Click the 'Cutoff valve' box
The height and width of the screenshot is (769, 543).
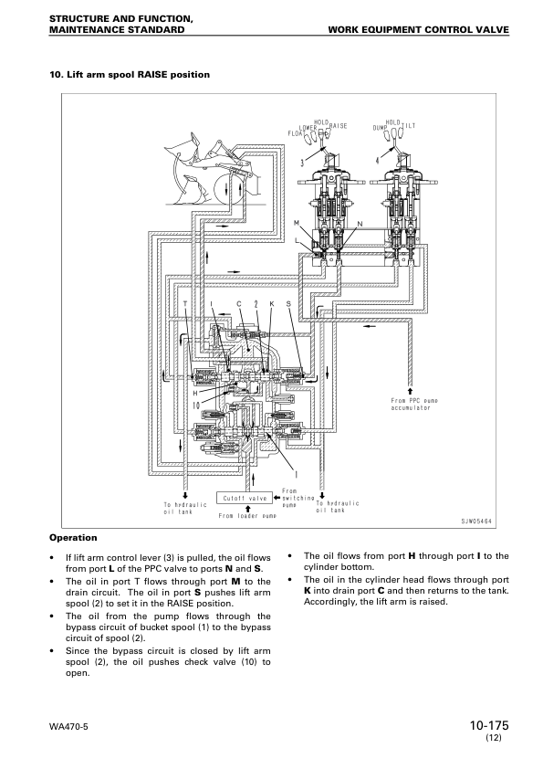pos(245,499)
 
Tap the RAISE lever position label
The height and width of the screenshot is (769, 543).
pos(338,127)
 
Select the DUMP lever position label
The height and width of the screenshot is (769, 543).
pos(381,128)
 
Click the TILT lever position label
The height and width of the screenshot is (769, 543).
pos(410,127)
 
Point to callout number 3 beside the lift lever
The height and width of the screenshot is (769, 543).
pos(301,163)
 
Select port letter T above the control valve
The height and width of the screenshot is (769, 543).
pos(185,302)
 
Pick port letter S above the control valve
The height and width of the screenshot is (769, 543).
pos(287,302)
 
